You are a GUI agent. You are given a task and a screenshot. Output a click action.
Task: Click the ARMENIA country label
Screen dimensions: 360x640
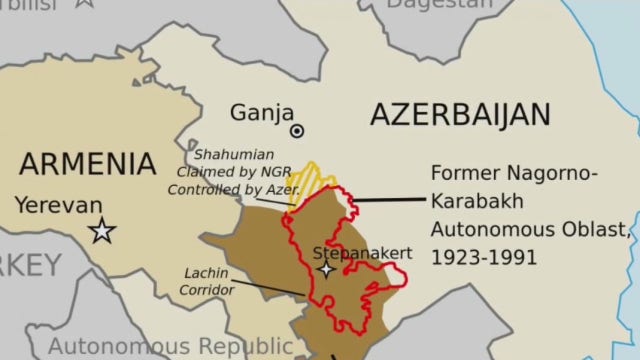tap(88, 163)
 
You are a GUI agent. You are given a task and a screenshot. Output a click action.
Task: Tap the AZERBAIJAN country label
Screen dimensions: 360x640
tap(460, 114)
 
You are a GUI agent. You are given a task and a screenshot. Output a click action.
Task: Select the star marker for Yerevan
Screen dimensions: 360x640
tap(102, 232)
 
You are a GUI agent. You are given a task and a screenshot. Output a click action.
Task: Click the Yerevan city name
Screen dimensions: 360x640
tap(58, 206)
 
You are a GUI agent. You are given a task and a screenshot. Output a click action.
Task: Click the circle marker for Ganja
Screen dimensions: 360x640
tap(297, 131)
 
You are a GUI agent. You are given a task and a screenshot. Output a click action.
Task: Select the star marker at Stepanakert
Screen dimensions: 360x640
tap(326, 270)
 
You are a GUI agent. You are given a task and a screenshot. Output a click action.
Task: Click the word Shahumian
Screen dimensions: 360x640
tap(231, 155)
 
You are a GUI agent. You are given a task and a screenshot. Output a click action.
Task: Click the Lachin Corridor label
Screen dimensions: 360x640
tap(208, 281)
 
